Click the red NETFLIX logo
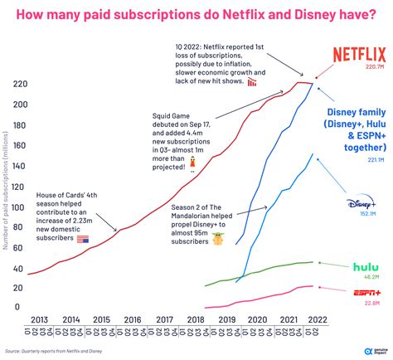(x=358, y=56)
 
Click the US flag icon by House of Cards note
(x=82, y=239)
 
